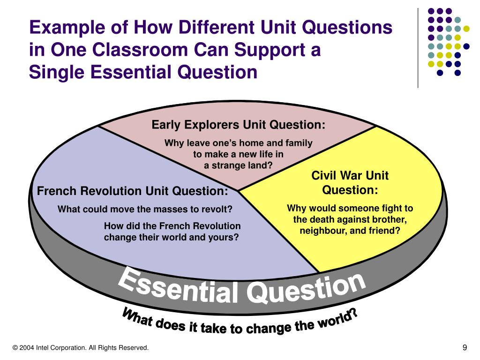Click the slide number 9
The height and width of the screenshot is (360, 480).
click(465, 347)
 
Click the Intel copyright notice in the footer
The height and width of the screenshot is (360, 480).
click(81, 347)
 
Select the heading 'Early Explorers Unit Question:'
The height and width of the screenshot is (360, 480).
click(238, 125)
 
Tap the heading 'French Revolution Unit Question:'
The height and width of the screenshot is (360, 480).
click(133, 191)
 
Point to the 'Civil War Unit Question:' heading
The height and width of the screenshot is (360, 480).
click(350, 183)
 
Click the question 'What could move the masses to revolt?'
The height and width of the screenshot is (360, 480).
click(145, 209)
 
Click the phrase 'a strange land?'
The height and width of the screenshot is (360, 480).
click(238, 165)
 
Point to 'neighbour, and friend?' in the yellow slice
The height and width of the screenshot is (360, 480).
click(350, 231)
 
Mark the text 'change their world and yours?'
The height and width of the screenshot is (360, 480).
click(172, 237)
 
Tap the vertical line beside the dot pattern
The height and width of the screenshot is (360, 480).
click(418, 47)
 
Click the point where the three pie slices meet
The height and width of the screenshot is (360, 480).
click(238, 191)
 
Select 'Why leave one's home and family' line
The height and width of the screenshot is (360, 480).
click(238, 143)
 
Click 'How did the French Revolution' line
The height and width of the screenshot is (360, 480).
click(172, 226)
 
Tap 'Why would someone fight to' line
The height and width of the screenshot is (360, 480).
click(350, 208)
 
